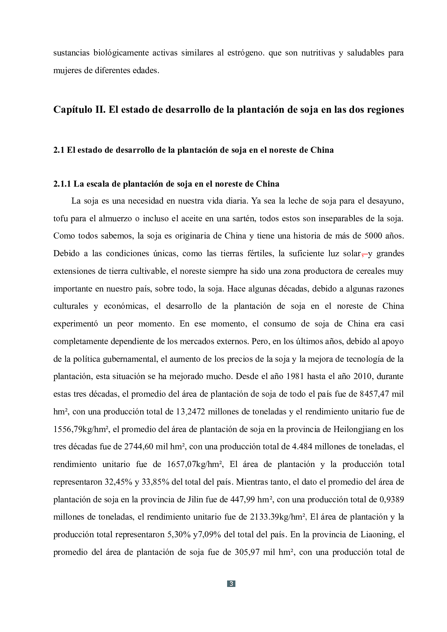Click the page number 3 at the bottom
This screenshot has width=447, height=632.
tap(231, 584)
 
